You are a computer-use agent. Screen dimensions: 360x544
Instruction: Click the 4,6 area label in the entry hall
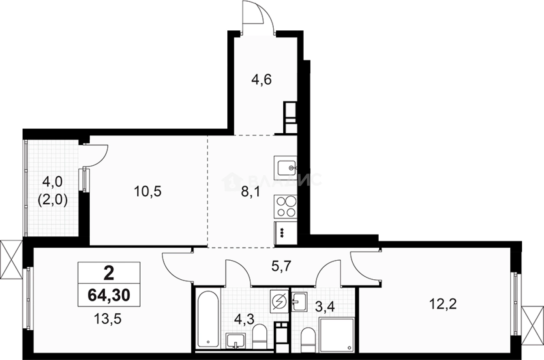pos(262,80)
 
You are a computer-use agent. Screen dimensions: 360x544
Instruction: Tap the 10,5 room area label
pos(147,191)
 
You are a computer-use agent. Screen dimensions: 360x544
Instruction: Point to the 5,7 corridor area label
pos(281,266)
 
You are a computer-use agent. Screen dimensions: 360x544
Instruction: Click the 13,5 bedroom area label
pos(107,319)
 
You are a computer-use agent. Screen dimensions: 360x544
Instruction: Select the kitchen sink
pos(286,166)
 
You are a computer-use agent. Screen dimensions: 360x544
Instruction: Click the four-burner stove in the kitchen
pos(286,206)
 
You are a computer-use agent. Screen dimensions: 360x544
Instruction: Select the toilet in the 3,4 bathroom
pos(308,338)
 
